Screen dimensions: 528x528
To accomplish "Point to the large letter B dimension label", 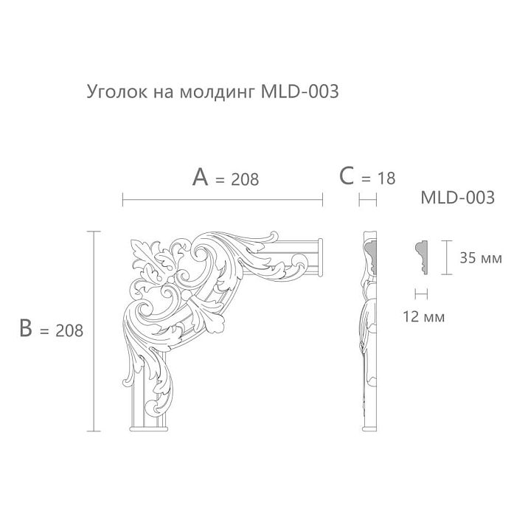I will pyautogui.click(x=27, y=328).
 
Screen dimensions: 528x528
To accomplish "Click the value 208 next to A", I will pyautogui.click(x=245, y=179).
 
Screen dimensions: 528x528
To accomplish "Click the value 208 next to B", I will pyautogui.click(x=69, y=331).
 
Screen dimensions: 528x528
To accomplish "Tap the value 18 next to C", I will pyautogui.click(x=386, y=178).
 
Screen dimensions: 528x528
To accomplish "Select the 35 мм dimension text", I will pyautogui.click(x=480, y=258).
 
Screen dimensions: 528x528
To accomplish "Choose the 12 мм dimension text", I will pyautogui.click(x=425, y=317).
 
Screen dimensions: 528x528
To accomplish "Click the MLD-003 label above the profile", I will pyautogui.click(x=456, y=198).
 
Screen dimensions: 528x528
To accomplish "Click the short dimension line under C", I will pyautogui.click(x=367, y=199).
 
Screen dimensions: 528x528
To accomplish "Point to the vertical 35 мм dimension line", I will pyautogui.click(x=445, y=257).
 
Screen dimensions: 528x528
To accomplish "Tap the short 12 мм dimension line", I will pyautogui.click(x=422, y=293).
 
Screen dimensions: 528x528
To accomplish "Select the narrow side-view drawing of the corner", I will pyautogui.click(x=369, y=332).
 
